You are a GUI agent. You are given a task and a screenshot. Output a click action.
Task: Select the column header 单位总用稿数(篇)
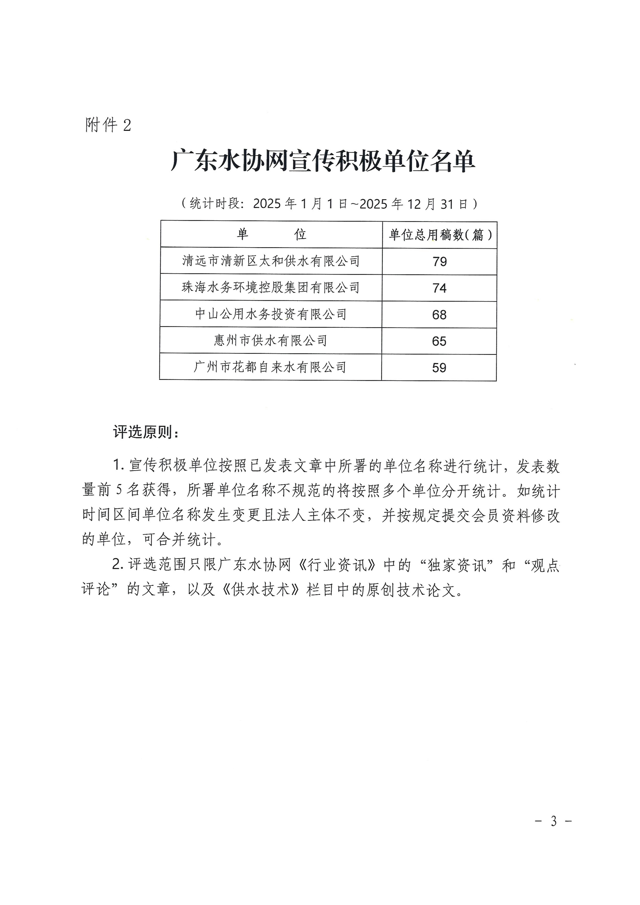click(440, 235)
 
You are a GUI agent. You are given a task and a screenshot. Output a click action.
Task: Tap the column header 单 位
click(271, 234)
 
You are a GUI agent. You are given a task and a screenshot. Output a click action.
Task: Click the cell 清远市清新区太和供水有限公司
click(271, 261)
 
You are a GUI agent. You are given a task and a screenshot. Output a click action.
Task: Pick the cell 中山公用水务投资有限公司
click(271, 314)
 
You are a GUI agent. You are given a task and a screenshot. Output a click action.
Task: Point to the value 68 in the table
click(439, 315)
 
